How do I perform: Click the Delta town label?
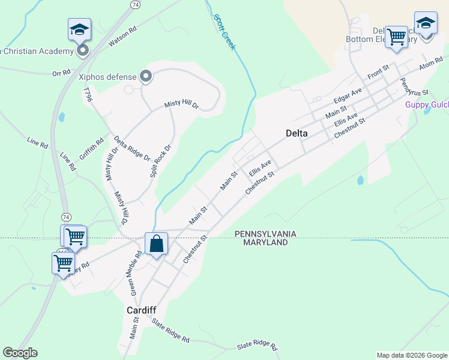tap(297, 133)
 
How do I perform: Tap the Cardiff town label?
tap(141, 310)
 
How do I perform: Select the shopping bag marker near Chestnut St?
tap(156, 244)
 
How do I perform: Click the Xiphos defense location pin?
tap(145, 76)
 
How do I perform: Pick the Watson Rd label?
tap(122, 37)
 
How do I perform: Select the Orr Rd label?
tap(61, 73)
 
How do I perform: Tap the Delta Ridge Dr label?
tap(131, 148)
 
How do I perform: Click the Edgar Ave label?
tap(348, 95)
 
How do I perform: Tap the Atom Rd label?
tap(430, 62)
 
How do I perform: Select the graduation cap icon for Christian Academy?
tap(79, 29)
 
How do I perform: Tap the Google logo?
tap(20, 353)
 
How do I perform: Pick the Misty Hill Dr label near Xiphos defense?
tap(182, 104)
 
